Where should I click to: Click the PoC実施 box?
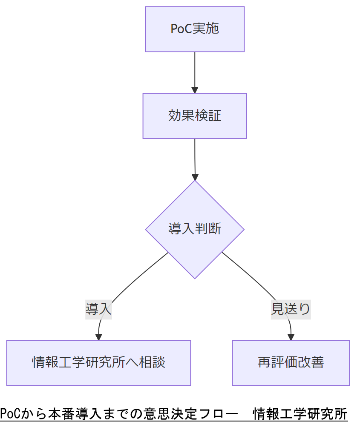[195, 29]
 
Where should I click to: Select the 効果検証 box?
[195, 116]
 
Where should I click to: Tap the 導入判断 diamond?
[195, 229]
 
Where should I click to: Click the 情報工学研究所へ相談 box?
[98, 363]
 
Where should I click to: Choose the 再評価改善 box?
[291, 363]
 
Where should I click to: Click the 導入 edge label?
[98, 309]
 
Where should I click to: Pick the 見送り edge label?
[291, 309]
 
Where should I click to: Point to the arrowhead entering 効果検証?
[195, 90]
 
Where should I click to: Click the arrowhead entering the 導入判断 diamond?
[195, 177]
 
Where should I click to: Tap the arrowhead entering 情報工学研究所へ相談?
[98, 337]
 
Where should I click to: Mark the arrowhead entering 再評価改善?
[291, 337]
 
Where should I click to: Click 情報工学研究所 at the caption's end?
[300, 413]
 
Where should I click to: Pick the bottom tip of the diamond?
[195, 278]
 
